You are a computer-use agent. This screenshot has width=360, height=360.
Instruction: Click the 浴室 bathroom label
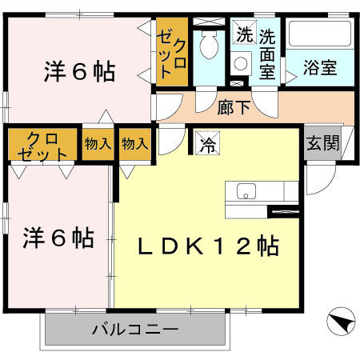coord(320,68)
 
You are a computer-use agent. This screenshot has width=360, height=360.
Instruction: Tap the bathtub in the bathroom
coord(320,34)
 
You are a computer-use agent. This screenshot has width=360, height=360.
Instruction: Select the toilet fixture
coord(211,46)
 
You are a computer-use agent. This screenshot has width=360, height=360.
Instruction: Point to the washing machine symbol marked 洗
coord(242,34)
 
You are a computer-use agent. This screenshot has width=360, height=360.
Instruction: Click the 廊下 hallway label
coord(234,108)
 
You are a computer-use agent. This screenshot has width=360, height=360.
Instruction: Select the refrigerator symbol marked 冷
coord(206,145)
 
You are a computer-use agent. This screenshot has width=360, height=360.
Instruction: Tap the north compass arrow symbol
coord(339,323)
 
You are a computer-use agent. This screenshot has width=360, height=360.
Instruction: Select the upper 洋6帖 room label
coord(78,72)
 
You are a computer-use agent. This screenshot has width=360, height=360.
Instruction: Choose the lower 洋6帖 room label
coord(58,238)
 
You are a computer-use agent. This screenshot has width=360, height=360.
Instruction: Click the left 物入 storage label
coord(98,144)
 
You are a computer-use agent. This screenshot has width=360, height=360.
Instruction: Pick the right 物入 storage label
coord(134,144)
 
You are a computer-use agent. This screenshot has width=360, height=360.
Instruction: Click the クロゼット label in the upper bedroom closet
coord(173,52)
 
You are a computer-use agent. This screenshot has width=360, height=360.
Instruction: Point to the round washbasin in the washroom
coord(238,65)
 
